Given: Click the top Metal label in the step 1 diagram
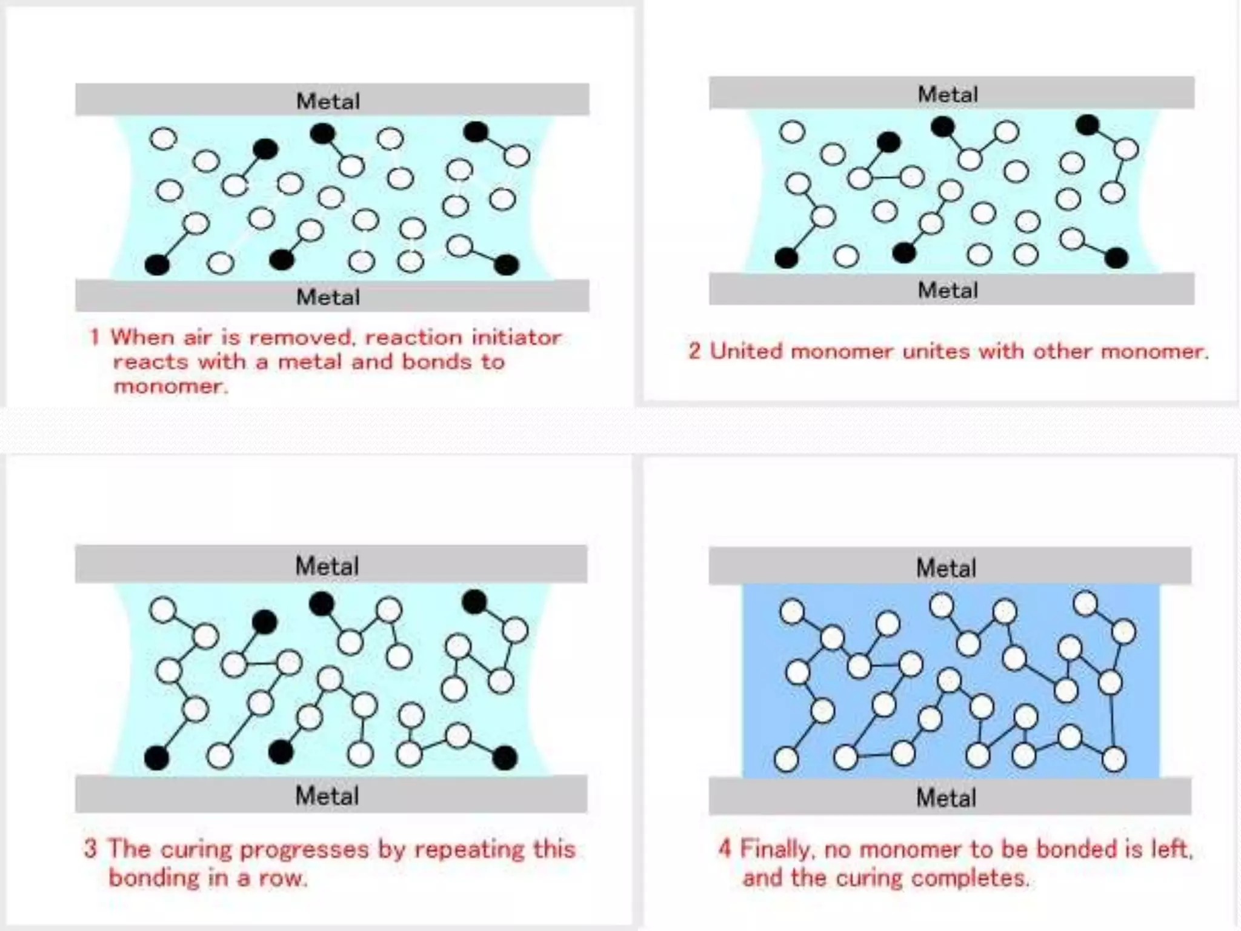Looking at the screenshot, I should tap(328, 101).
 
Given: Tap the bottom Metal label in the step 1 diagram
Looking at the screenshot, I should tap(328, 297).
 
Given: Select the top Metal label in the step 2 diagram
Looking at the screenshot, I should tap(948, 94).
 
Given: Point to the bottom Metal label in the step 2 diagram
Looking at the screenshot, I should tap(948, 290).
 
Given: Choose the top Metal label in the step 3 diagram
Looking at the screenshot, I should tap(327, 566).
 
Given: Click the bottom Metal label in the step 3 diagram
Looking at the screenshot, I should tap(327, 796).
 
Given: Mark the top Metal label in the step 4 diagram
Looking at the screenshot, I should tap(946, 568).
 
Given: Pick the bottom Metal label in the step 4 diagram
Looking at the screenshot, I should tap(946, 798).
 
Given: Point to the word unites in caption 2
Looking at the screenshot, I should tap(937, 352).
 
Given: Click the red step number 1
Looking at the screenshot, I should tap(95, 337).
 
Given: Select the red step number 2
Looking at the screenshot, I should tap(694, 352).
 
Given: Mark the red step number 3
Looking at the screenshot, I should tap(90, 849).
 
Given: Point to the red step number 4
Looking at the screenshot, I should tap(725, 849).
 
